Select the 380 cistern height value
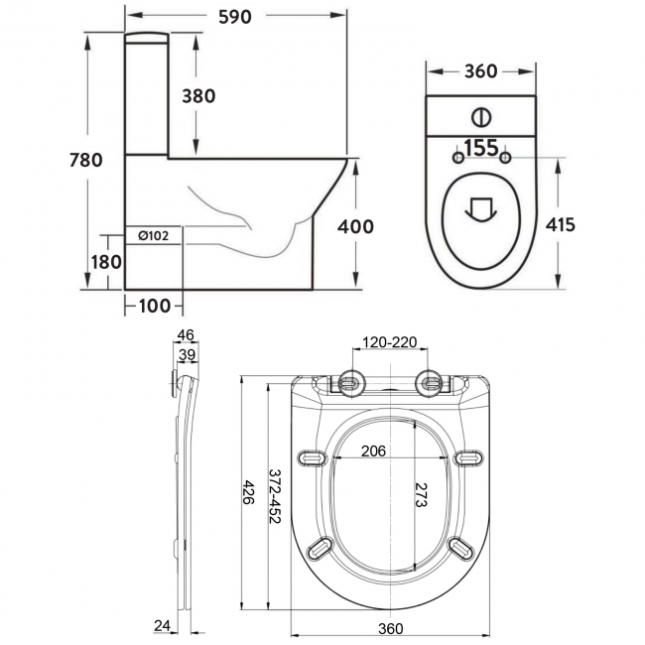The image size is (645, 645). tap(197, 95)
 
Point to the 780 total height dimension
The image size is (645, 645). tap(85, 162)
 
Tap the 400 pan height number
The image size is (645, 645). tap(355, 226)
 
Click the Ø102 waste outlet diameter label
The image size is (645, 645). tap(155, 235)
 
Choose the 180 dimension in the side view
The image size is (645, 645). tap(107, 262)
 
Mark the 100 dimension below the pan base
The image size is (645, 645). tap(154, 305)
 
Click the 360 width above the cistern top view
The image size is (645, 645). tap(480, 71)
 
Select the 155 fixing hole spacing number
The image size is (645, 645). tap(480, 148)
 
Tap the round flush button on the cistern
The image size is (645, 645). tap(480, 116)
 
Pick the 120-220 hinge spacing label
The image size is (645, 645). tap(390, 343)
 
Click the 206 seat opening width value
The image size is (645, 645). tap(372, 451)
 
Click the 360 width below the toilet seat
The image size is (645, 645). tap(390, 628)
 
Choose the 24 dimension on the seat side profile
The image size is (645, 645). tap(162, 624)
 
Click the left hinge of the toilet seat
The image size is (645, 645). tap(350, 380)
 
